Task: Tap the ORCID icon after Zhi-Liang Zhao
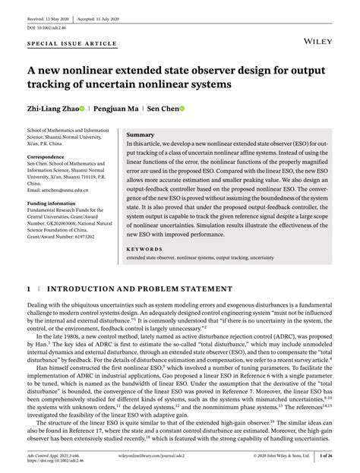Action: point(91,109)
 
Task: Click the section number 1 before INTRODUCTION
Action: point(28,289)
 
